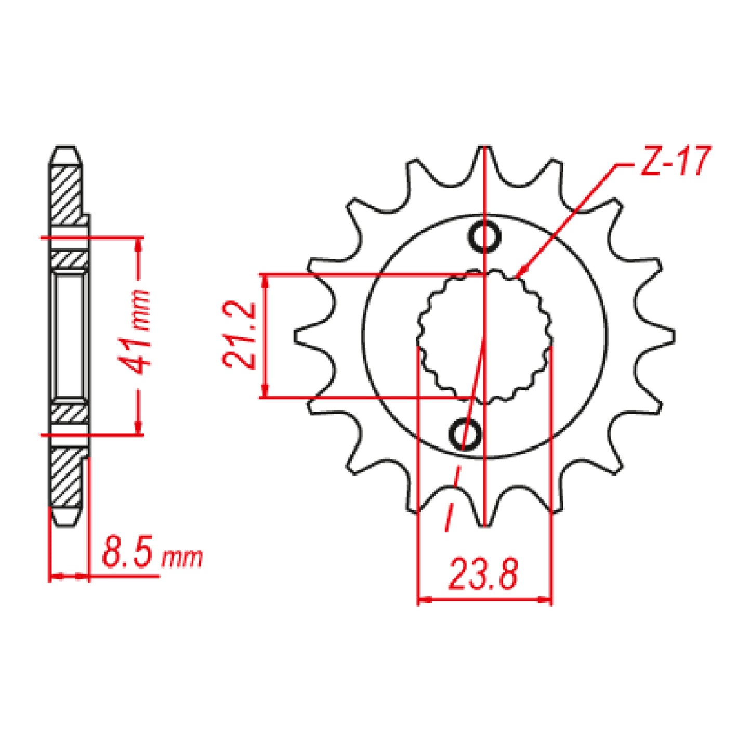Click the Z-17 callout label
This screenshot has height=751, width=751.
(675, 162)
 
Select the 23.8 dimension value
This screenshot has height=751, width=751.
(483, 575)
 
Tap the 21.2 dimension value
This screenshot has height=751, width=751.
(240, 335)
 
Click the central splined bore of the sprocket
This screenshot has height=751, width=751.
(484, 337)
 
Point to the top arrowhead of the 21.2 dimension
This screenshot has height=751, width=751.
(266, 281)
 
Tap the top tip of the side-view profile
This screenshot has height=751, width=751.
(66, 148)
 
